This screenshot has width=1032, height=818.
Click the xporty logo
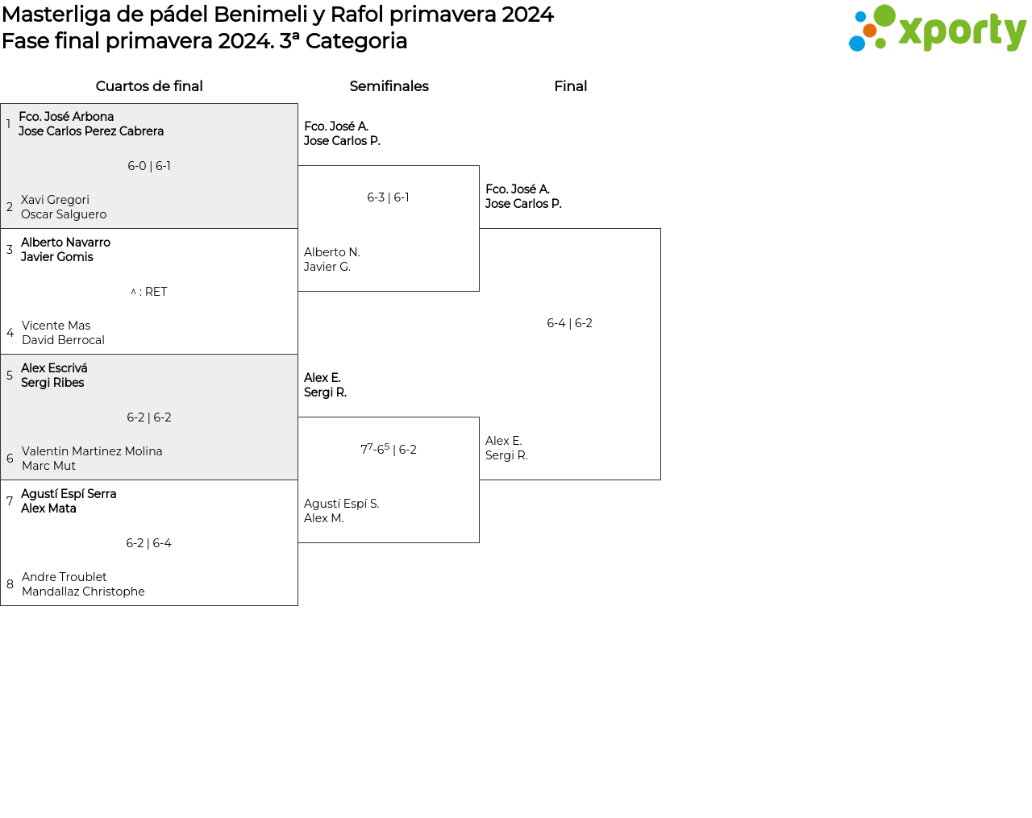pos(937,30)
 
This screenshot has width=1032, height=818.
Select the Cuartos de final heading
pos(149,86)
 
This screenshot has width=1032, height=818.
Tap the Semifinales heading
pos(389,86)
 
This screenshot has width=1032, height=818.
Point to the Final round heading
pos(570,86)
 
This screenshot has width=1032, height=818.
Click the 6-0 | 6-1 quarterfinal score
pos(149,166)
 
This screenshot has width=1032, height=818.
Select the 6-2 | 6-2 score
pos(149,417)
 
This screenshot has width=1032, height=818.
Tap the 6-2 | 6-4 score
pos(149,543)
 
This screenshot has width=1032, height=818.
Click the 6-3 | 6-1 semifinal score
pos(388,197)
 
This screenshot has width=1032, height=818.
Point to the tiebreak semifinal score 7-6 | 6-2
pos(388,449)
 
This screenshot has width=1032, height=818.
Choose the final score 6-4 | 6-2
pos(569,323)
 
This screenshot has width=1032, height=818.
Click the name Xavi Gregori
pos(55,200)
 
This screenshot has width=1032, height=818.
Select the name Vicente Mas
pos(56,326)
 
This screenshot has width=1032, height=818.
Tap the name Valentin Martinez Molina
pos(92,451)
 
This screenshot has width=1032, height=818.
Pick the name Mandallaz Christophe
pos(83,592)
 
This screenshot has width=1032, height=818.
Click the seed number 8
pos(10,584)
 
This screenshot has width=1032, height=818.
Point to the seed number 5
pos(10,376)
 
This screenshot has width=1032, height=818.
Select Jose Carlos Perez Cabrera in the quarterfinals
pos(91,131)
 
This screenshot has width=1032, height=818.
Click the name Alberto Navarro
pos(65,243)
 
